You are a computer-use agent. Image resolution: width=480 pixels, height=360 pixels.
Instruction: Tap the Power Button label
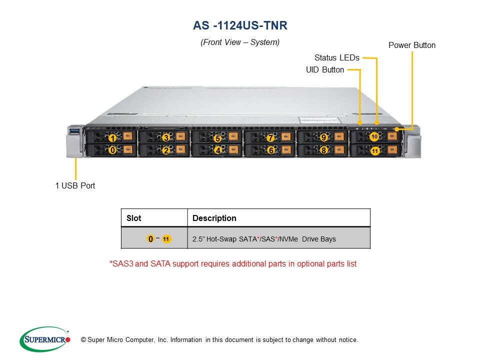pyautogui.click(x=412, y=45)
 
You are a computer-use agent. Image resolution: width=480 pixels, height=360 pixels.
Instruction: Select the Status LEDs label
pyautogui.click(x=336, y=58)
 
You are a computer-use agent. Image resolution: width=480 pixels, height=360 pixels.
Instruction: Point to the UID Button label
pyautogui.click(x=325, y=70)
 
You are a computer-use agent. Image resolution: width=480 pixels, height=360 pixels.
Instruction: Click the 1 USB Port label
pyautogui.click(x=75, y=186)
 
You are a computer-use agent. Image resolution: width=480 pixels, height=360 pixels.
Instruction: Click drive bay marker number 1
pyautogui.click(x=113, y=138)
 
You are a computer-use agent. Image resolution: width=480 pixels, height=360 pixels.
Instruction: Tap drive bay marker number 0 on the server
pyautogui.click(x=113, y=150)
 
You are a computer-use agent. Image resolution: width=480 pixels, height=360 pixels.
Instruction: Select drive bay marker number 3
pyautogui.click(x=166, y=137)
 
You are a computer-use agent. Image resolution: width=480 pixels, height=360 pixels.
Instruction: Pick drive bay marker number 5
pyautogui.click(x=217, y=138)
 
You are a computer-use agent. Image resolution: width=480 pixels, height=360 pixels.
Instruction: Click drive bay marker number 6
pyautogui.click(x=270, y=150)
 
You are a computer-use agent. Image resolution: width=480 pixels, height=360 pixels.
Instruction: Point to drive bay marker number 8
pyautogui.click(x=323, y=150)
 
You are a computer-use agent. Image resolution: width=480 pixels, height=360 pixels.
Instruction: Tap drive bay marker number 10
pyautogui.click(x=374, y=136)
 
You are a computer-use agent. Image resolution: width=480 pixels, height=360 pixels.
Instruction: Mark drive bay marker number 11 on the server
pyautogui.click(x=374, y=150)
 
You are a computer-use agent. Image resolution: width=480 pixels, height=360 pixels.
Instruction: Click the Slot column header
pyautogui.click(x=134, y=218)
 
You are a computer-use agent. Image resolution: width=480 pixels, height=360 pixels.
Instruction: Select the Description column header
pyautogui.click(x=214, y=218)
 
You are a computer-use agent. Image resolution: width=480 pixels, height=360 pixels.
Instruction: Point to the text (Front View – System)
pyautogui.click(x=240, y=42)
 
